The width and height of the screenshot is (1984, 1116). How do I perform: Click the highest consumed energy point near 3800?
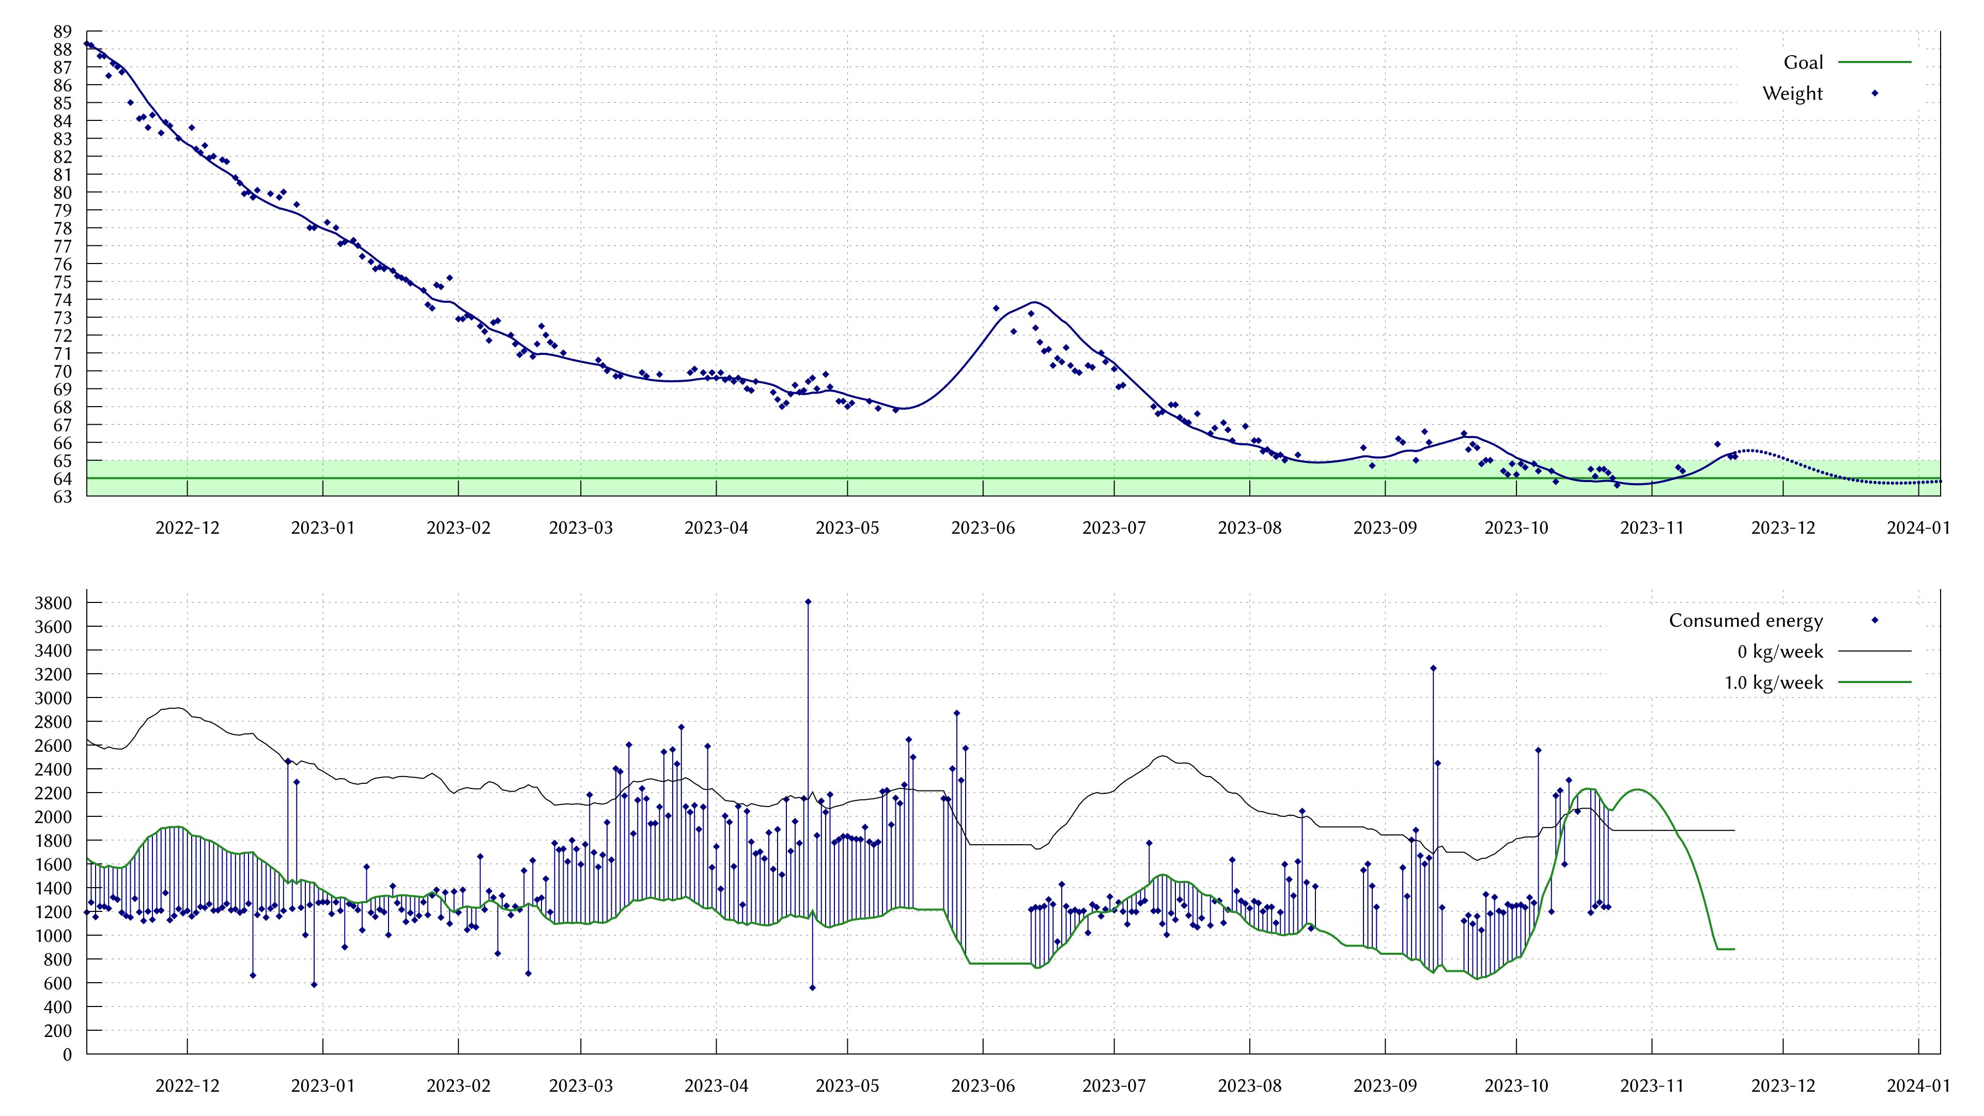(x=808, y=601)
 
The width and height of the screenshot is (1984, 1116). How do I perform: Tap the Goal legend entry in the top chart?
(x=1803, y=63)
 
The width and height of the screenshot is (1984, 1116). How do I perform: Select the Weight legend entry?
(x=1792, y=93)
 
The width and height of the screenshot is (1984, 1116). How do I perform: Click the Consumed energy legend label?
(x=1745, y=621)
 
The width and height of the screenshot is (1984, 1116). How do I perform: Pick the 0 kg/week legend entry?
(x=1780, y=652)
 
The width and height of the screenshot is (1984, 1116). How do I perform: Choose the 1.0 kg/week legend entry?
(x=1773, y=683)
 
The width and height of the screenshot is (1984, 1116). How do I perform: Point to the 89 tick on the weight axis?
(x=63, y=32)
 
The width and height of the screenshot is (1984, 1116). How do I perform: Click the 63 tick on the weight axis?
(x=63, y=497)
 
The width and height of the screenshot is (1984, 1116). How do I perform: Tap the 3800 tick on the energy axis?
(x=53, y=603)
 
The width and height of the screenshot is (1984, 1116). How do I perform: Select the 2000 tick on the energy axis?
(x=53, y=816)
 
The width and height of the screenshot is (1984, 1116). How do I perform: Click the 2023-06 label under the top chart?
(x=983, y=528)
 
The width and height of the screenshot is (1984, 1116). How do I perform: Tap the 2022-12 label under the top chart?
(x=187, y=528)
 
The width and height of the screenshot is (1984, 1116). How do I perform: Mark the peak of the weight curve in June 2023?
(x=1034, y=302)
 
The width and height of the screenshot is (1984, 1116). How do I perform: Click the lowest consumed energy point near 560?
(x=813, y=987)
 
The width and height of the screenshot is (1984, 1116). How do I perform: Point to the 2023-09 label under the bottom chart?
(x=1385, y=1086)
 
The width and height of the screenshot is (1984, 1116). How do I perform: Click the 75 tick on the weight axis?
(x=63, y=282)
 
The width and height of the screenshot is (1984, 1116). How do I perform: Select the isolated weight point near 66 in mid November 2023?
(x=1717, y=444)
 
